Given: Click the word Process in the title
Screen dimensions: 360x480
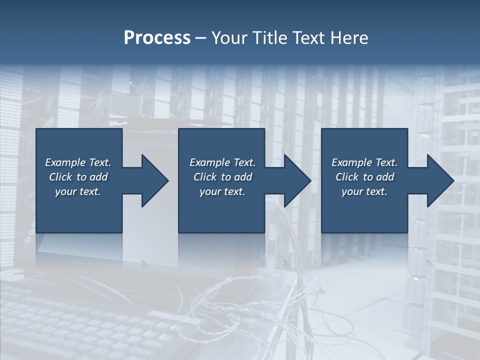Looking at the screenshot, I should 157,38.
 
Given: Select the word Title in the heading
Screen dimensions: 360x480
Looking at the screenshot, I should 269,38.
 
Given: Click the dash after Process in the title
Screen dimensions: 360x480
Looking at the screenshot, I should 201,39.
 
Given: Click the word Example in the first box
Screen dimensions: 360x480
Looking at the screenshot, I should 65,162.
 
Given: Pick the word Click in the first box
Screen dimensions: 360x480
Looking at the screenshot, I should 61,177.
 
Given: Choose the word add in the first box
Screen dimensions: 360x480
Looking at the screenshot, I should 98,177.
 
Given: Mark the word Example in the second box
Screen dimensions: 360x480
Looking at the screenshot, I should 210,162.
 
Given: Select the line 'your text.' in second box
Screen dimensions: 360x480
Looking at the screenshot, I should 222,191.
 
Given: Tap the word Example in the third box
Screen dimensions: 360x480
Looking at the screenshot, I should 352,162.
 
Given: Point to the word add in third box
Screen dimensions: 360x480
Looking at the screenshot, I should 385,177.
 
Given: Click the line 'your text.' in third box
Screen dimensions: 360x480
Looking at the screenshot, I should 364,191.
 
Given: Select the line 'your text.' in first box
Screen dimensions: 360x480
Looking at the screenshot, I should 78,191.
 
